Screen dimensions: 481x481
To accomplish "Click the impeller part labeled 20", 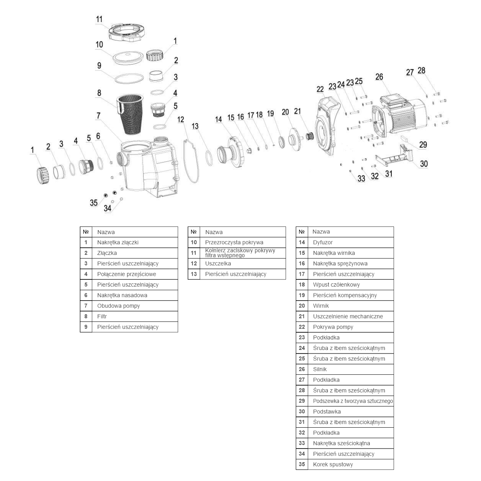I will (297, 137).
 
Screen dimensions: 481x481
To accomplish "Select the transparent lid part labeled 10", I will (126, 56).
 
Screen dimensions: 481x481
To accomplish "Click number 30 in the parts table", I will (302, 411).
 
